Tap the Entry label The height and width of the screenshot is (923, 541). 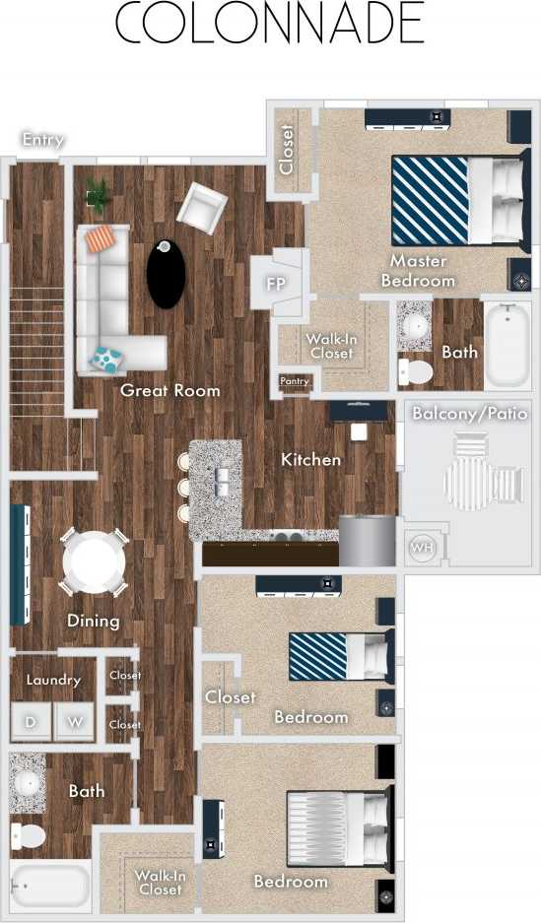(x=42, y=140)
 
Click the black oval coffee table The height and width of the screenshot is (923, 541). (x=166, y=275)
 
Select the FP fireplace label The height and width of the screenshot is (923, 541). (x=275, y=284)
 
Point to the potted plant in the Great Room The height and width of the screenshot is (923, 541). (x=99, y=194)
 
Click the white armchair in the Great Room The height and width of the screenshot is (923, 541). (x=201, y=208)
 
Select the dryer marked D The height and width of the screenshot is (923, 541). (x=30, y=722)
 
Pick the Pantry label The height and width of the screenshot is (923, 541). (x=294, y=381)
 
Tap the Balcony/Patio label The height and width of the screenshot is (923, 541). (x=469, y=414)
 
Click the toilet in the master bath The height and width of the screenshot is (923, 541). (x=415, y=371)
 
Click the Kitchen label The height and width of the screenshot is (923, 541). (x=310, y=459)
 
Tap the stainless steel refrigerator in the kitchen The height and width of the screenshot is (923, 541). (x=367, y=541)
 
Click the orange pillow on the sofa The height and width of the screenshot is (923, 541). (x=101, y=238)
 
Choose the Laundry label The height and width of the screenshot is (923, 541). (x=53, y=680)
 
